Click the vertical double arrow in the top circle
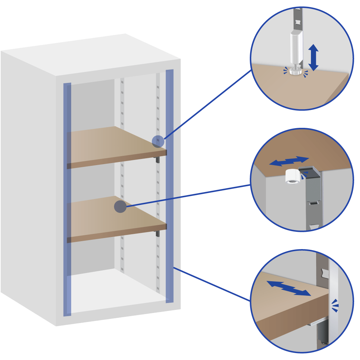[313, 58]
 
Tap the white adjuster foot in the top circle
[294, 71]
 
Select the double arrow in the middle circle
[289, 161]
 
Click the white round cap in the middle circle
[292, 177]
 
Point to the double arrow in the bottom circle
[288, 288]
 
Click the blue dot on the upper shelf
[158, 141]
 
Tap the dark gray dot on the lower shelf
[120, 207]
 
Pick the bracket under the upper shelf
[157, 159]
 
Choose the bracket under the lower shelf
[157, 233]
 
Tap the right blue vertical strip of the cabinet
[169, 187]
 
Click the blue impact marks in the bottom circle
[335, 305]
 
